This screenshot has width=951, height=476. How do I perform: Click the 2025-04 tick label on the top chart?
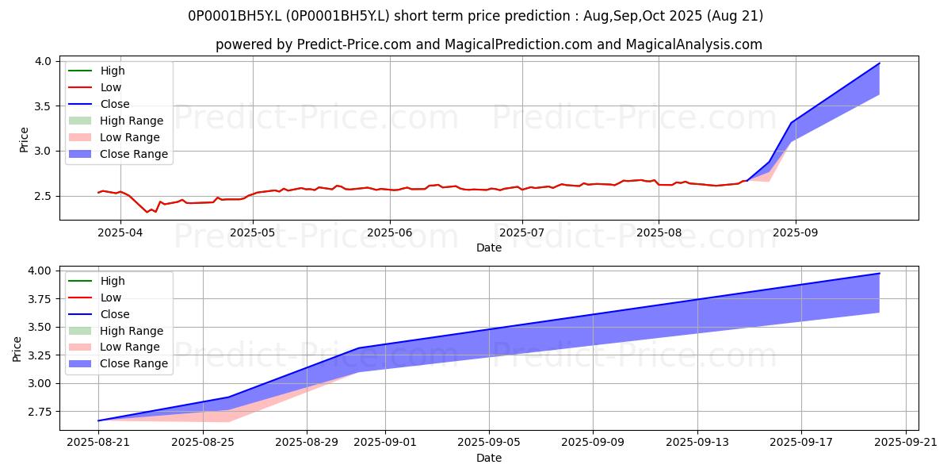[x=120, y=232]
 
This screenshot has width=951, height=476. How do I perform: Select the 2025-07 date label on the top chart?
[x=521, y=232]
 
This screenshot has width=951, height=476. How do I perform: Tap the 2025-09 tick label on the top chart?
[x=795, y=232]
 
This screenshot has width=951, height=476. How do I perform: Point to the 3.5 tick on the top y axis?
[x=43, y=106]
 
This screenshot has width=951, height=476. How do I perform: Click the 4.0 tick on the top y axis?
[x=43, y=61]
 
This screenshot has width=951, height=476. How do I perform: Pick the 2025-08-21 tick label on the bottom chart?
[x=98, y=443]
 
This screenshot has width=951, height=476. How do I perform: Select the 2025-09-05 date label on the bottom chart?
[x=489, y=443]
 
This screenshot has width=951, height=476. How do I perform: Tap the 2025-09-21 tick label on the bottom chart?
[x=906, y=443]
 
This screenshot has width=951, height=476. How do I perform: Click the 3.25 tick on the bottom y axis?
[x=39, y=355]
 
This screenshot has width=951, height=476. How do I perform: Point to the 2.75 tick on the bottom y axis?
[x=39, y=412]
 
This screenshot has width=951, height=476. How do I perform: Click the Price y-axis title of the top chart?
[x=24, y=140]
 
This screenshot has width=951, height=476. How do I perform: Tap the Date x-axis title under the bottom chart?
[x=489, y=458]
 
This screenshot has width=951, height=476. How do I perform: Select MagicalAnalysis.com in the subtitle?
[x=693, y=44]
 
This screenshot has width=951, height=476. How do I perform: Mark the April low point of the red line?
[x=147, y=212]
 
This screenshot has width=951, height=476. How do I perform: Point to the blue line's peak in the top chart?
[x=879, y=63]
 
